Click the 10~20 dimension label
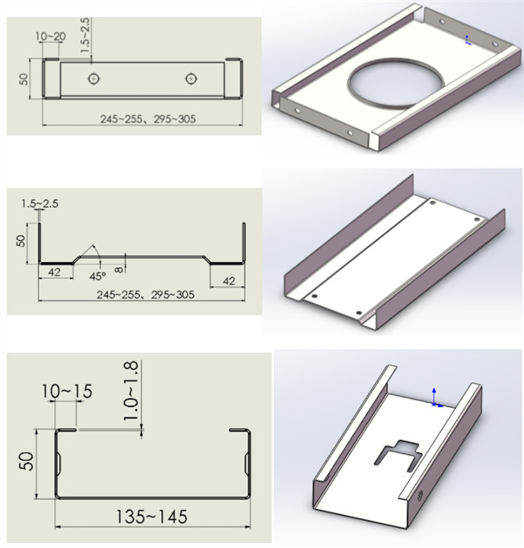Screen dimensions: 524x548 [51, 36]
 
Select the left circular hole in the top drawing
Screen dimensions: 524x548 [94, 79]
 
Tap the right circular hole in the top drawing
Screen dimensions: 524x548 [190, 79]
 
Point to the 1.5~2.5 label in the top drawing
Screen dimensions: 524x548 [85, 35]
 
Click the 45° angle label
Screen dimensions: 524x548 [97, 276]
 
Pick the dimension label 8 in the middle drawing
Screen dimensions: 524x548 [119, 269]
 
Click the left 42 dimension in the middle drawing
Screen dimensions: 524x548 [54, 272]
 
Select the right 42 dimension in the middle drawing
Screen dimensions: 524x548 [229, 280]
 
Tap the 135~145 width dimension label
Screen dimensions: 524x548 [152, 517]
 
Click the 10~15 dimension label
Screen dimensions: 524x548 [67, 391]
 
